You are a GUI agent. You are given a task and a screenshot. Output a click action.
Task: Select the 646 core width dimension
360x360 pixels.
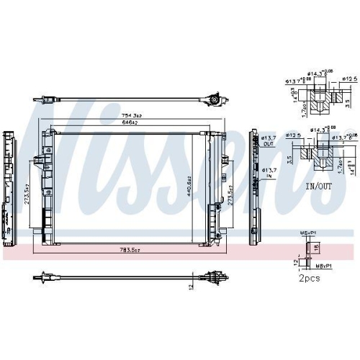130,123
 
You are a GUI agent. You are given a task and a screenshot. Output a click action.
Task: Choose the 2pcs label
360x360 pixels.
311,277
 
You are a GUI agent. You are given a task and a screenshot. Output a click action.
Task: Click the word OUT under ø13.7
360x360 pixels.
268,144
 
